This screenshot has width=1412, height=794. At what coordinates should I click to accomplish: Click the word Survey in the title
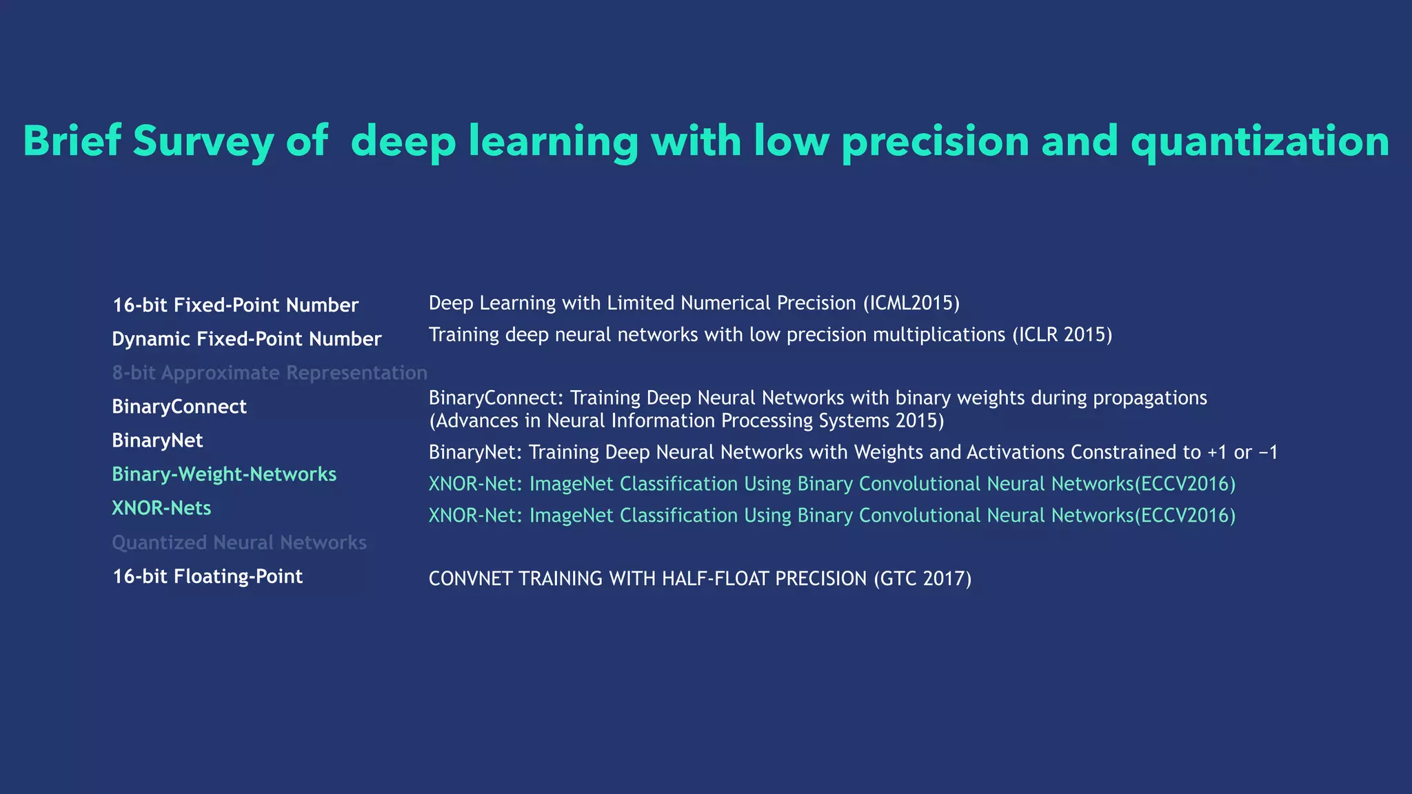[203, 141]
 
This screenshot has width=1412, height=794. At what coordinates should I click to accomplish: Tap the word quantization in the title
[1260, 141]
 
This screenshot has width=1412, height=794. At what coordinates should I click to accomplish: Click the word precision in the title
[935, 141]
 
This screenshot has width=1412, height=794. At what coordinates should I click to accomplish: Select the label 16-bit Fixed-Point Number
[235, 305]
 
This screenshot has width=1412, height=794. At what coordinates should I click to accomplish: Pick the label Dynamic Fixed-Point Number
[246, 338]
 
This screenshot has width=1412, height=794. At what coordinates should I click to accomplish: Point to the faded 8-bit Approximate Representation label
[270, 372]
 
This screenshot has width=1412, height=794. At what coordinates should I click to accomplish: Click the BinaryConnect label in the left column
[179, 406]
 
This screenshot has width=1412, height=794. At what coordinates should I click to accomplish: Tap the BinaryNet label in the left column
[157, 440]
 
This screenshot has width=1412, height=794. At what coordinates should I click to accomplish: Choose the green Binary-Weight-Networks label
[224, 474]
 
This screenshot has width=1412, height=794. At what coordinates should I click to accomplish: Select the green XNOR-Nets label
[161, 508]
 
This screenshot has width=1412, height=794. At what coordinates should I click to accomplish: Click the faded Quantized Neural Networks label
[239, 542]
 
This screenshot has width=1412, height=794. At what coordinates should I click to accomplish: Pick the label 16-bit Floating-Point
[208, 576]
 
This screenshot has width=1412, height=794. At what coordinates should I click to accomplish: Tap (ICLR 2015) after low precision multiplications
[1062, 335]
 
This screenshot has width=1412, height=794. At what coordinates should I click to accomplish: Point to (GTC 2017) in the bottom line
[922, 578]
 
